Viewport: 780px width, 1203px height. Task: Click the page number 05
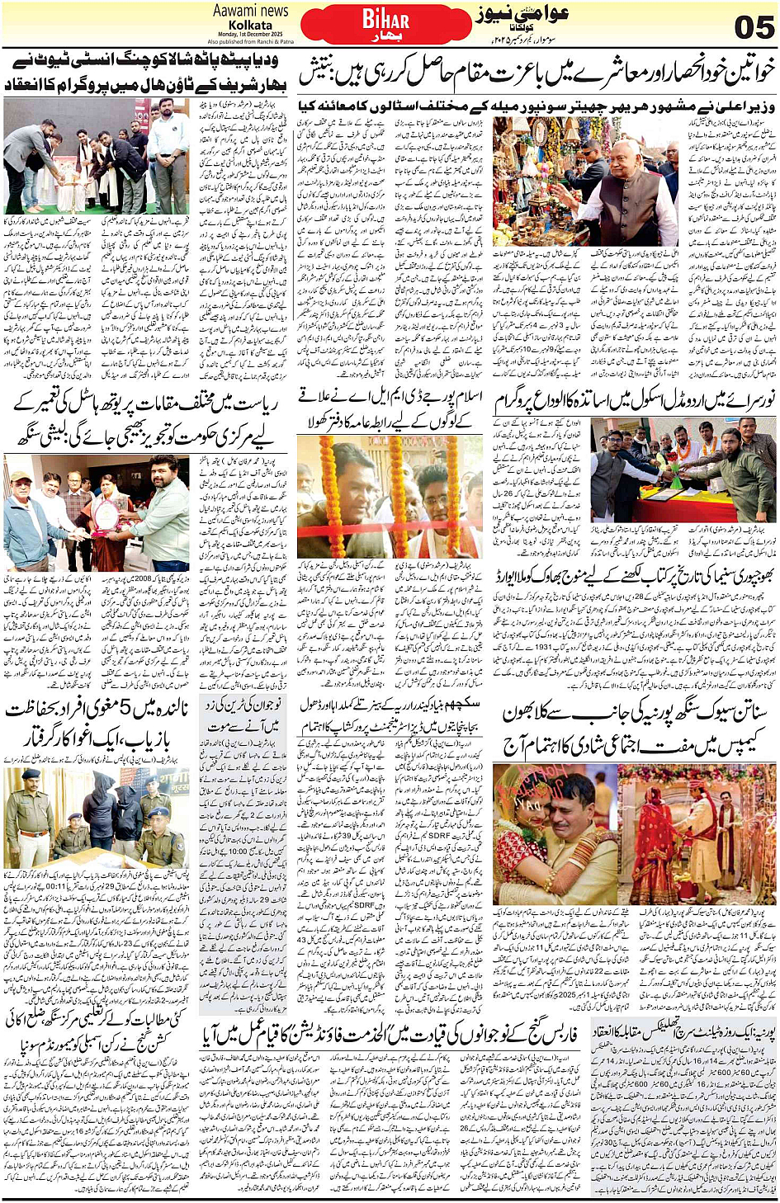pyautogui.click(x=753, y=27)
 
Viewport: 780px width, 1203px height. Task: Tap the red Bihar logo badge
pyautogui.click(x=385, y=24)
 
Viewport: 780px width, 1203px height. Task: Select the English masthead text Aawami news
pyautogui.click(x=250, y=11)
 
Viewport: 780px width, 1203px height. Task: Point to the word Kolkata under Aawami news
pyautogui.click(x=250, y=25)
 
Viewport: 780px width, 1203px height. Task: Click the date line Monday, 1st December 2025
pyautogui.click(x=250, y=34)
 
